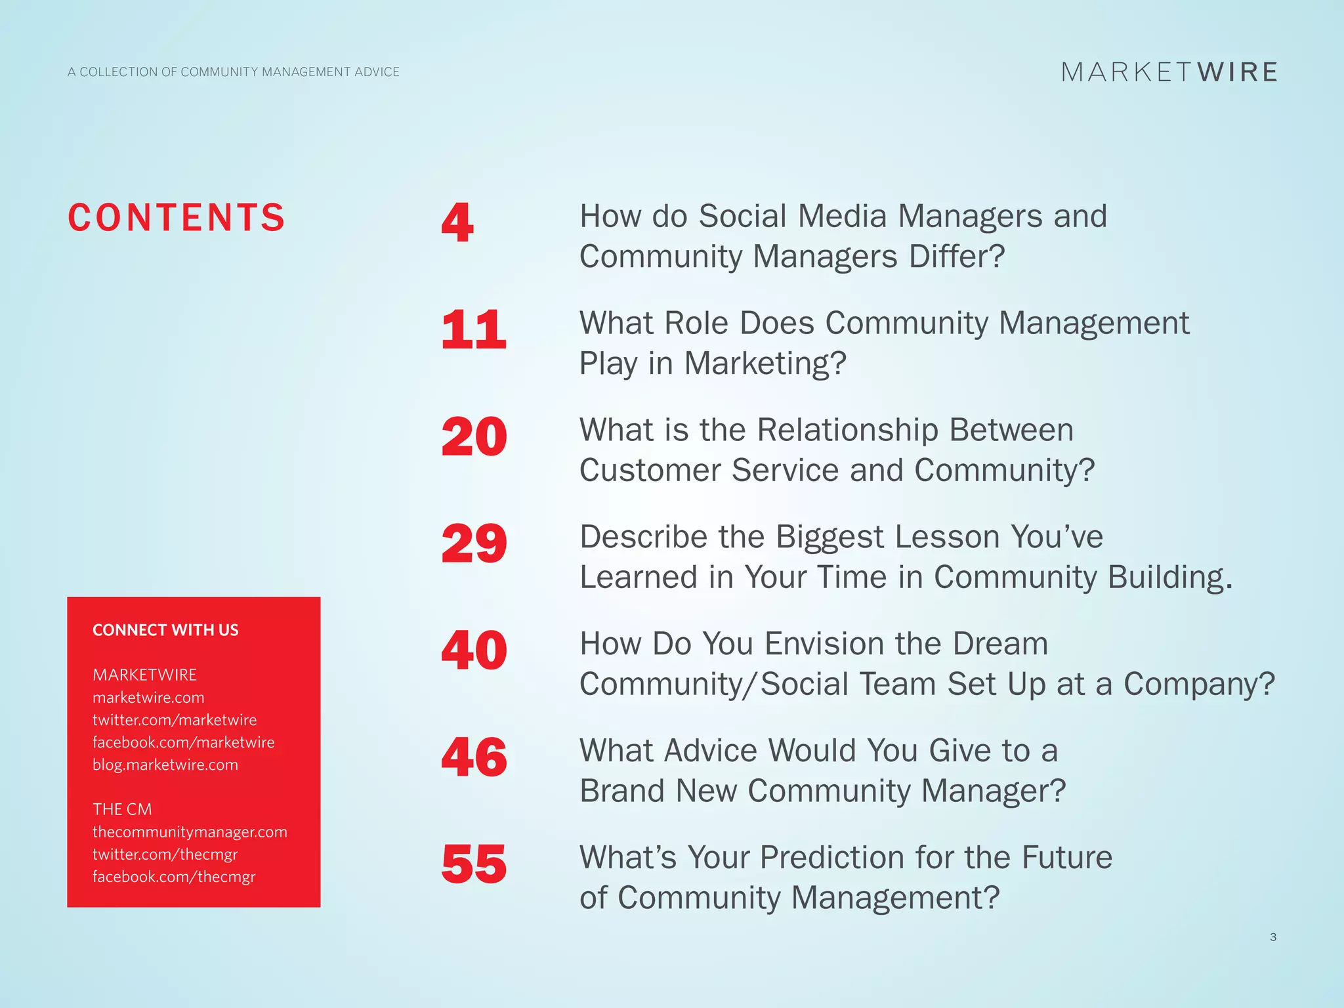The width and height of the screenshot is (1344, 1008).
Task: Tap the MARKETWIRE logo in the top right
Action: tap(1169, 72)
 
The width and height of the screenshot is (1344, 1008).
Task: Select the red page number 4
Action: tap(457, 222)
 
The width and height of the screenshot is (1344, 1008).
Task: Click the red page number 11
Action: tap(474, 329)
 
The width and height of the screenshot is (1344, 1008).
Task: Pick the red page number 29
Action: tap(474, 543)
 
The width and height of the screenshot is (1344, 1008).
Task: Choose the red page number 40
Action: tap(474, 650)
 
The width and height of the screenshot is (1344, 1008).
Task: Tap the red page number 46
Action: tap(474, 757)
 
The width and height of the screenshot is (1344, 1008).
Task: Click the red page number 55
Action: tap(474, 864)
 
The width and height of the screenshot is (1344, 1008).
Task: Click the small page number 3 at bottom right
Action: tap(1273, 937)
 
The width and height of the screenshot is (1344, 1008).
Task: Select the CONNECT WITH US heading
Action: tap(165, 630)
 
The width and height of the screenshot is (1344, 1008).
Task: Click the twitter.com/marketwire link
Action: tap(175, 720)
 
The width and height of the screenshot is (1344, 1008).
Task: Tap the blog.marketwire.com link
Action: tap(165, 765)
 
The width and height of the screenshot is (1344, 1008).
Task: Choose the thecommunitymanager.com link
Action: tap(190, 832)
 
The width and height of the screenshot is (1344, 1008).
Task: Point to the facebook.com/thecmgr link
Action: tap(174, 877)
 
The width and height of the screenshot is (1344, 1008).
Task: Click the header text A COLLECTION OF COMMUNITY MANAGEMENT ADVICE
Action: tap(234, 72)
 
